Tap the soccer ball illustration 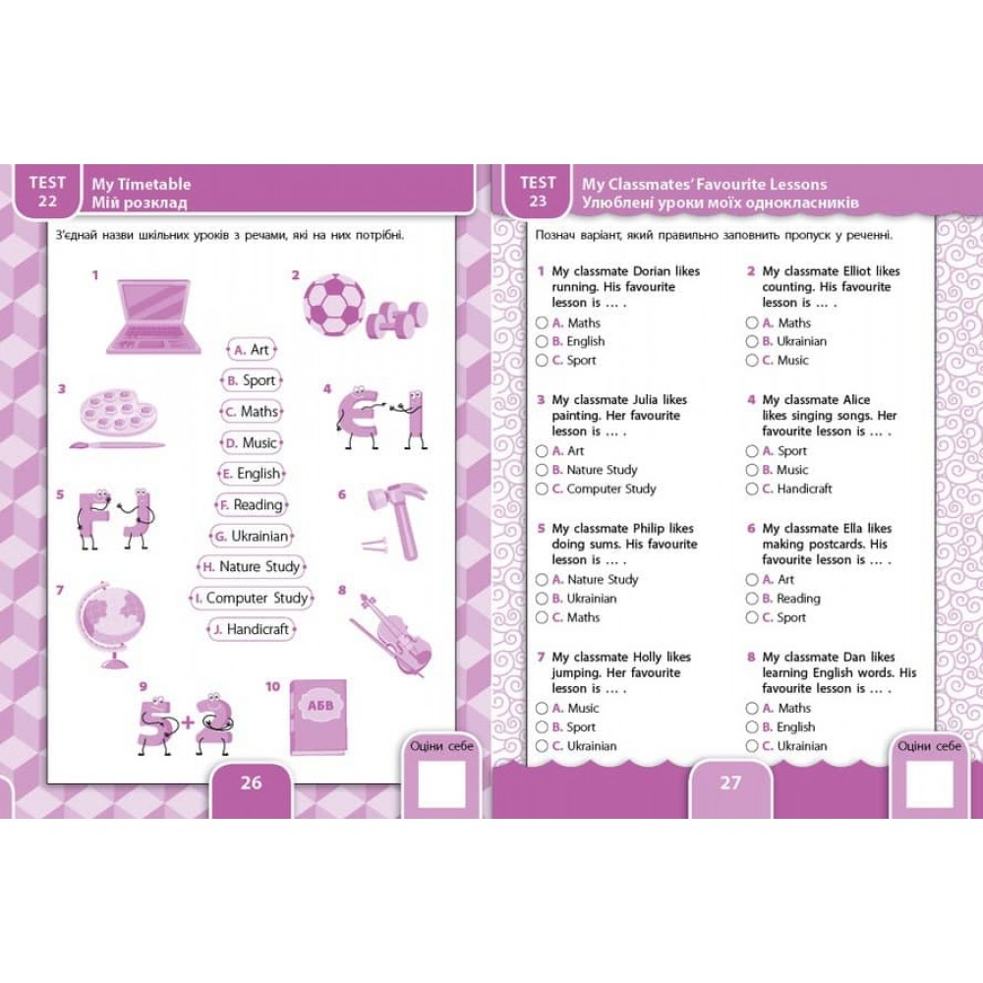pos(334,306)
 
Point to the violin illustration pos(390,634)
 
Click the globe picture pos(110,624)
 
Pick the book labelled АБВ pos(318,718)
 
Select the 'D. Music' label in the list pos(251,442)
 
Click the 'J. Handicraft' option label pos(252,629)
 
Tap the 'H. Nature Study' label pos(252,567)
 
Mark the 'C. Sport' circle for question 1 pos(542,361)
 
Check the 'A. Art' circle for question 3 pos(542,451)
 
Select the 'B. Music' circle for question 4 pos(752,470)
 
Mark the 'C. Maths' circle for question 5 pos(542,617)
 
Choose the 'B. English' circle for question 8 pos(752,727)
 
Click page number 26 pos(252,782)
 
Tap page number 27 pos(730,782)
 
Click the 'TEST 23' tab pos(538,192)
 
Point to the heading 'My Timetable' pos(141,185)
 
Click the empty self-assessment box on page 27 pos(930,784)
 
